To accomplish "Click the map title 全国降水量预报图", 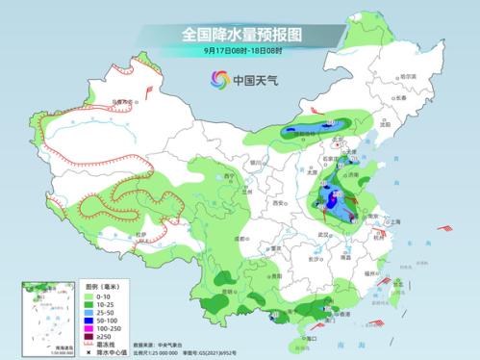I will point(240,35).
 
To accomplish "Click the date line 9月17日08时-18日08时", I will point(240,51).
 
